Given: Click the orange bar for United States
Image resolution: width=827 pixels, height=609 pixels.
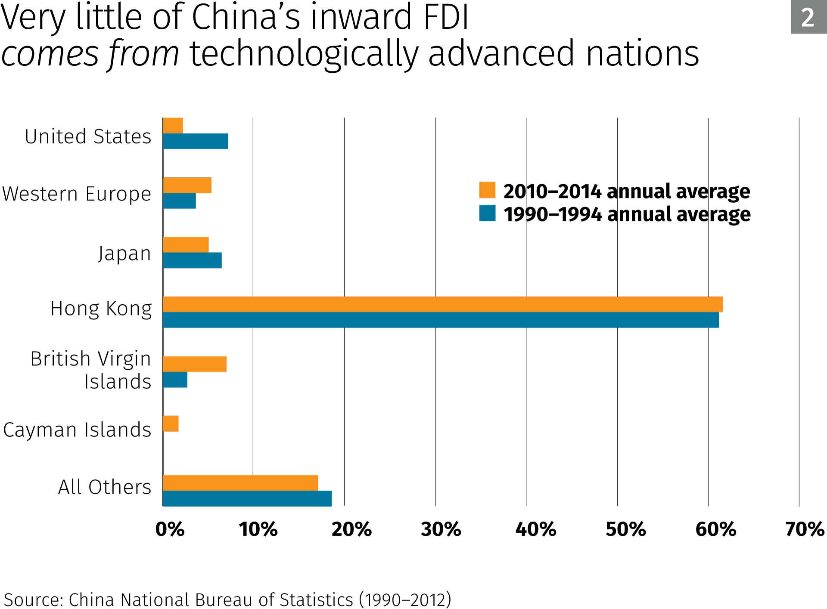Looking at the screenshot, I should pyautogui.click(x=173, y=126).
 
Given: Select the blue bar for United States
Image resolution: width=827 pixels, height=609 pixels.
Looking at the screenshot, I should pyautogui.click(x=196, y=141).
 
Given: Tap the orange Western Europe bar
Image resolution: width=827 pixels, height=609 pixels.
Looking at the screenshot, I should pyautogui.click(x=187, y=185).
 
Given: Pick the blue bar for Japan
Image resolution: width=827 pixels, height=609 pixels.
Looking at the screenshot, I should pyautogui.click(x=193, y=260).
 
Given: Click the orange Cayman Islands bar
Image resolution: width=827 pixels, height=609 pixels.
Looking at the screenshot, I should pyautogui.click(x=171, y=424).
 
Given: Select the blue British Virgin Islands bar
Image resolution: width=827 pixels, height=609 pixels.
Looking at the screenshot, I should pyautogui.click(x=175, y=380).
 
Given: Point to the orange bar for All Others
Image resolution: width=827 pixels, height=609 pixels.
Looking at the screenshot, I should pyautogui.click(x=240, y=483).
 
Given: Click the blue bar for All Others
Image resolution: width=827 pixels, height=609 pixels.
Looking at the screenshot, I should pyautogui.click(x=247, y=498).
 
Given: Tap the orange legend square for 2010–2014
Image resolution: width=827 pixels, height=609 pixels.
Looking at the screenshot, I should pyautogui.click(x=487, y=190).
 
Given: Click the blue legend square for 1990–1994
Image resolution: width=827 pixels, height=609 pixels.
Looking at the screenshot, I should pyautogui.click(x=487, y=213).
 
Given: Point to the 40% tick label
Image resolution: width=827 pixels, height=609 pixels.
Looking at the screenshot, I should pyautogui.click(x=535, y=529).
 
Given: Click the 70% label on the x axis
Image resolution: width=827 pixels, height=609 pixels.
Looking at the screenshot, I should pyautogui.click(x=804, y=529).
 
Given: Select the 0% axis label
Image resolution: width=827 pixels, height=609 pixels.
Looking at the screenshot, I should pyautogui.click(x=170, y=529).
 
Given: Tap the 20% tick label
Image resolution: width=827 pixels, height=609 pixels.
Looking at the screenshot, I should pyautogui.click(x=351, y=529).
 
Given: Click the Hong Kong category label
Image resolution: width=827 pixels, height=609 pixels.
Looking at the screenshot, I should pyautogui.click(x=101, y=309).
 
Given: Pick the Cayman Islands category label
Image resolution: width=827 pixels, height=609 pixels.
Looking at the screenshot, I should pyautogui.click(x=77, y=430).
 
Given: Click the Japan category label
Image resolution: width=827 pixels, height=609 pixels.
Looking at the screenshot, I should pyautogui.click(x=124, y=253).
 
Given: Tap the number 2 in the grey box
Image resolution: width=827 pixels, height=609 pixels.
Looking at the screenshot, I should pyautogui.click(x=808, y=18).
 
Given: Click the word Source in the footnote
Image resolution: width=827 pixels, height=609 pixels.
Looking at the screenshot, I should pyautogui.click(x=34, y=600).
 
